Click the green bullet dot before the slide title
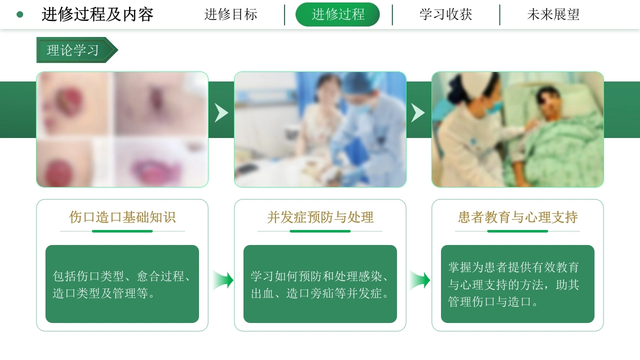tap(19, 14)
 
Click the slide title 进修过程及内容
tap(97, 14)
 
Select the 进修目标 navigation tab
tap(230, 14)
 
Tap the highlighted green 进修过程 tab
tap(337, 14)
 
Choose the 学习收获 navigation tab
tap(445, 14)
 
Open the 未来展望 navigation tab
tap(553, 14)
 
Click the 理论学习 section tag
tap(77, 50)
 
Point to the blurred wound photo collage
tap(122, 129)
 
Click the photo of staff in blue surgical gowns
tap(320, 129)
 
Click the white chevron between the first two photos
tap(221, 113)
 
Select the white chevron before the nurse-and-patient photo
tap(417, 113)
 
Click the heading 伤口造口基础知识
tap(122, 217)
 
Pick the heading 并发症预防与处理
tap(320, 217)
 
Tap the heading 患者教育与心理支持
tap(517, 217)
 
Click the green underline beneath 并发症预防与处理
tap(320, 231)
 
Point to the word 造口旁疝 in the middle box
tap(310, 293)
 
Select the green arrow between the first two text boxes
tap(223, 280)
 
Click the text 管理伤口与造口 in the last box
tap(489, 301)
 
